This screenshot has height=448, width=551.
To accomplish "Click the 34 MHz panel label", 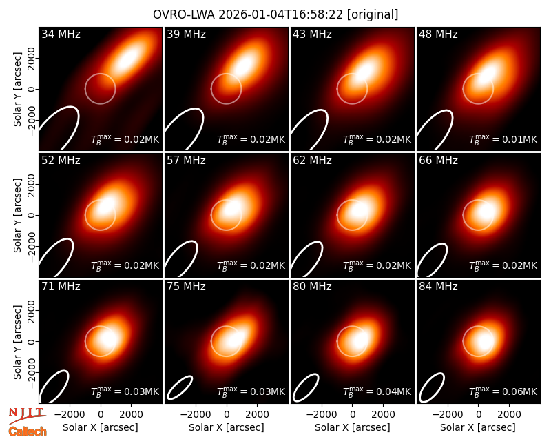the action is tap(61, 34).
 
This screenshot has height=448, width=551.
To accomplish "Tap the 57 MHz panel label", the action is tap(186, 161).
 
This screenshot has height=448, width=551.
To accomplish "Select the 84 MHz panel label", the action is tap(438, 287).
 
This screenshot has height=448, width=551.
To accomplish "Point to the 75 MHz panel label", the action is tap(186, 287).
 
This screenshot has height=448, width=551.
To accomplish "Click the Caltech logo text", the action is tap(28, 431).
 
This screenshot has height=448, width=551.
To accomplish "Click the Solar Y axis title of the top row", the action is tap(17, 90).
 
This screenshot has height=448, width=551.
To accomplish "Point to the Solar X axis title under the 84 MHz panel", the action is tap(478, 427).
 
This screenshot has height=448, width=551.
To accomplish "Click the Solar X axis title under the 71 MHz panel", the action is tap(100, 427).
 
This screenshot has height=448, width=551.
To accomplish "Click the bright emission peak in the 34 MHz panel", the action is tap(128, 59).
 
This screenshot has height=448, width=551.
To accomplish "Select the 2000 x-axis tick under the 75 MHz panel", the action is tap(257, 415).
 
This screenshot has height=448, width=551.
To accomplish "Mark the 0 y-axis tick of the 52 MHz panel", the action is tap(32, 215).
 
